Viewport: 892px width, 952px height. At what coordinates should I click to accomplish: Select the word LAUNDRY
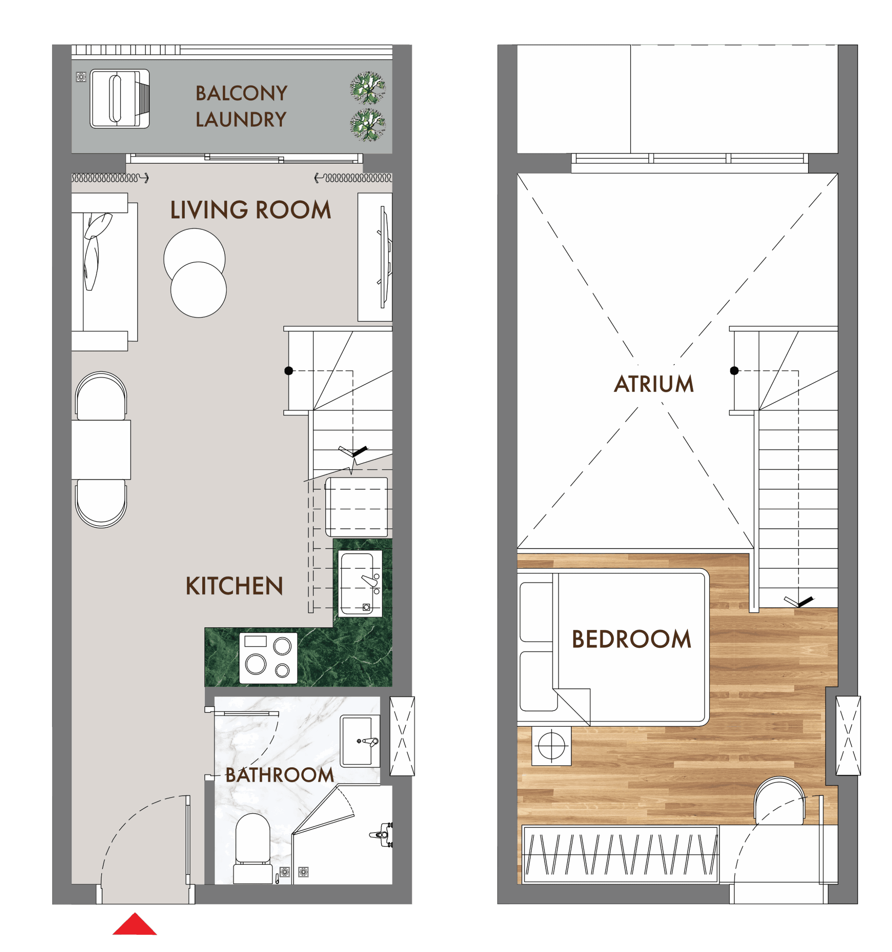(241, 120)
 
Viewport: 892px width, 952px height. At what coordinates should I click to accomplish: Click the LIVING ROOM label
(250, 210)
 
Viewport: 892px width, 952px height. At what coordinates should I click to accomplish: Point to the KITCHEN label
(234, 586)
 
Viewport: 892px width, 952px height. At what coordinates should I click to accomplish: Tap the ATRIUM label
(654, 384)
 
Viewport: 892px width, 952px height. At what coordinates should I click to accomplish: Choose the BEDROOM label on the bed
(631, 639)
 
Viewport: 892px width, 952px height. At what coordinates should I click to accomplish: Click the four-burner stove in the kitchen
(268, 658)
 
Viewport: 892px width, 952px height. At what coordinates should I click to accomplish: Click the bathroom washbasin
(360, 741)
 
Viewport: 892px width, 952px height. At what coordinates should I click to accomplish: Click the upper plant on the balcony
(368, 88)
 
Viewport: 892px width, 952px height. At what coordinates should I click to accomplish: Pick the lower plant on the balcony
(368, 125)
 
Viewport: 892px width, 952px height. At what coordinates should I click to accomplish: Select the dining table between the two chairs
(101, 450)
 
